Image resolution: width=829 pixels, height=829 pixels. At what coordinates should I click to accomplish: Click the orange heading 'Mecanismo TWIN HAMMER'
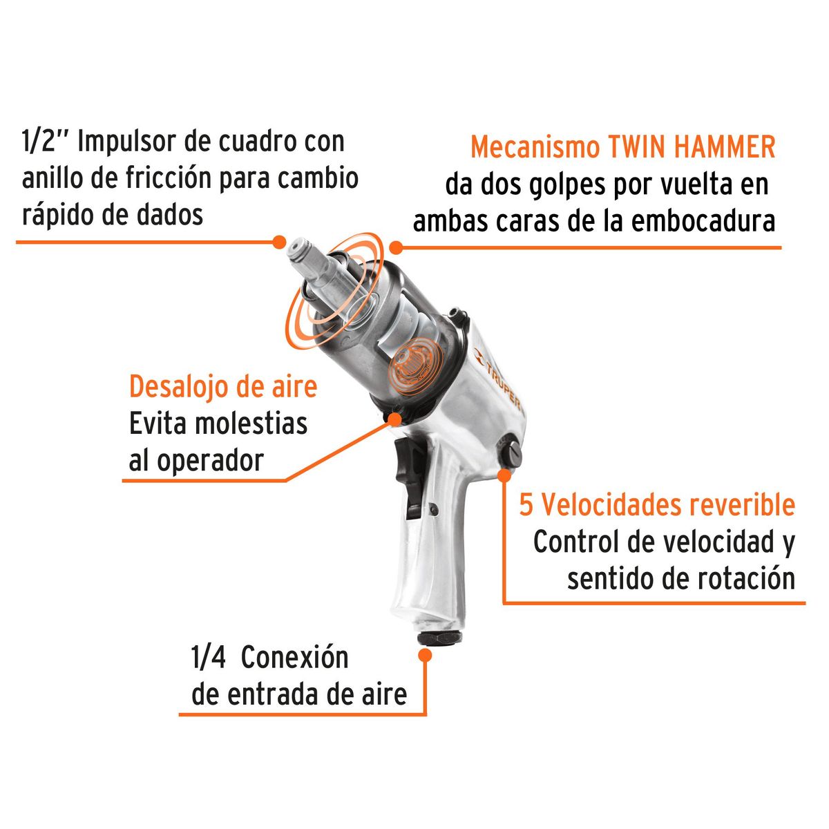[x=622, y=147]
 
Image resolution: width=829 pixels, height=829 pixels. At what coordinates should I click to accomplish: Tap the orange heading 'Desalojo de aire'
[x=222, y=386]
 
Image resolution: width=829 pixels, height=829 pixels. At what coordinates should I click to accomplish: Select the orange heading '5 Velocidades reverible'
[x=657, y=505]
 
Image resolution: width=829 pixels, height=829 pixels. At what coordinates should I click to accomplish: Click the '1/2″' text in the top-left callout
[x=44, y=142]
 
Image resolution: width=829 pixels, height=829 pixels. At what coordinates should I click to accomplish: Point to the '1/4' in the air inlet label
[x=209, y=658]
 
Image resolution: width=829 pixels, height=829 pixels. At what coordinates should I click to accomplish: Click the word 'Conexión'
[x=295, y=658]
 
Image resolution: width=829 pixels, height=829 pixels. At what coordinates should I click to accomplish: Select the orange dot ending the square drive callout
[x=278, y=242]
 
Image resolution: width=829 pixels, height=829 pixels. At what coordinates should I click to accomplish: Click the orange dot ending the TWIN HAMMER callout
[x=395, y=247]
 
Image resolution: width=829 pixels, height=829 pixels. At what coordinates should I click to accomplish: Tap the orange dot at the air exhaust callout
[x=394, y=417]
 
